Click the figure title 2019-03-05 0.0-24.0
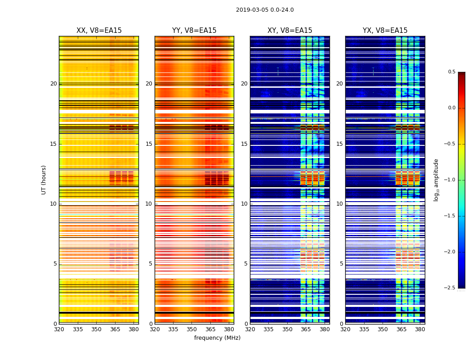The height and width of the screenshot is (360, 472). point(265,10)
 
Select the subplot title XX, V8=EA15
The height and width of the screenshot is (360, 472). point(99,31)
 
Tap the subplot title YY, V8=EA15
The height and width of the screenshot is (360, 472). point(194,31)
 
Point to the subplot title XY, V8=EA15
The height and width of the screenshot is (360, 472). point(290,31)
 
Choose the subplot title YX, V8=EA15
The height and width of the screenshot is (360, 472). point(385,31)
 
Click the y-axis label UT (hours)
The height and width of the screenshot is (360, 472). point(44,180)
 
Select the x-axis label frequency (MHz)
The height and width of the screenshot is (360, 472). point(217,338)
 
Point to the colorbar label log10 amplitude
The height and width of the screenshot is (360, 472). point(436,180)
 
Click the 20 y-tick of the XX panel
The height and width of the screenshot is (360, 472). point(53,84)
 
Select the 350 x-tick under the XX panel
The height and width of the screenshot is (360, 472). point(96,329)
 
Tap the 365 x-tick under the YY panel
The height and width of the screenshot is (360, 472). point(210,329)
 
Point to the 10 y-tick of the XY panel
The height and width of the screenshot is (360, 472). point(244,204)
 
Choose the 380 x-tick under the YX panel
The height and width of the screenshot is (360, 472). point(420,329)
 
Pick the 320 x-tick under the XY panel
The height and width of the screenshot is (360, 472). point(250,329)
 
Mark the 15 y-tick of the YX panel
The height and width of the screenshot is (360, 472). point(340,144)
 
